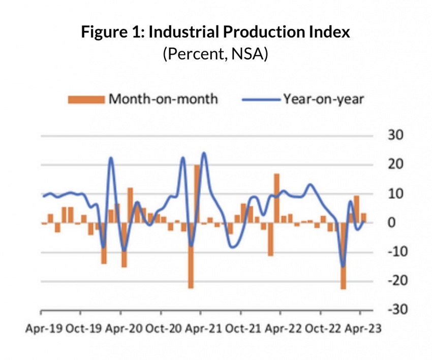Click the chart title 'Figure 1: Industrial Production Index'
pos(215,33)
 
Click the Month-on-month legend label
pos(163,99)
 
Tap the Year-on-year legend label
pos(323,99)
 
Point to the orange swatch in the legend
pos(86,99)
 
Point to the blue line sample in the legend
pos(261,99)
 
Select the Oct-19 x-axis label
pos(83,329)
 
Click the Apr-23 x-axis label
pos(362,329)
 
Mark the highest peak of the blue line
pos(204,152)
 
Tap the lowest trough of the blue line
pos(343,267)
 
